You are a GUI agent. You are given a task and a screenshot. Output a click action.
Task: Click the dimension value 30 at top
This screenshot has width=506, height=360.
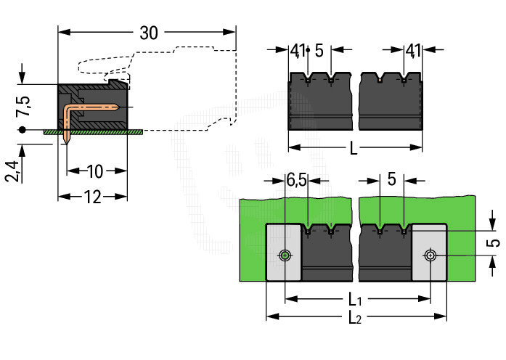coord(149,33)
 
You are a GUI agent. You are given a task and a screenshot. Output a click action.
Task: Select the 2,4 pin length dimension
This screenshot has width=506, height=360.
coord(12,171)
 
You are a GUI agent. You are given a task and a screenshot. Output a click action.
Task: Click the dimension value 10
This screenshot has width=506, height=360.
coord(95,171)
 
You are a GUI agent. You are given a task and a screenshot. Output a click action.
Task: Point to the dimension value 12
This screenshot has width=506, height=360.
coord(93,197)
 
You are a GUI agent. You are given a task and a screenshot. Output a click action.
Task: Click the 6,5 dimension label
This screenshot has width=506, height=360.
coord(296,180)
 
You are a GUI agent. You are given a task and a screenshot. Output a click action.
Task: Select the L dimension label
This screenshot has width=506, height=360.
coord(354,149)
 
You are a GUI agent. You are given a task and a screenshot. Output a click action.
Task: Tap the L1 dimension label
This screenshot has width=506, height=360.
coord(355,300)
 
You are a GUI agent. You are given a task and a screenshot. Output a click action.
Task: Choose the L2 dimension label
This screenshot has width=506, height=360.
coord(355,318)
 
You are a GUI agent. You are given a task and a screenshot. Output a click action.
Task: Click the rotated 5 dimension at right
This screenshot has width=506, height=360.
coord(494,242)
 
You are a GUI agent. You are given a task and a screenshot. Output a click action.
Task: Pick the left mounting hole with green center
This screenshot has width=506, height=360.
coord(285,255)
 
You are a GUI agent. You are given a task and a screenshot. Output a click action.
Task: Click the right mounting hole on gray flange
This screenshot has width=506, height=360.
coord(430,255)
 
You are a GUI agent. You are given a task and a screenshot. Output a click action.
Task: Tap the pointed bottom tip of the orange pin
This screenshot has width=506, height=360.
coord(67,143)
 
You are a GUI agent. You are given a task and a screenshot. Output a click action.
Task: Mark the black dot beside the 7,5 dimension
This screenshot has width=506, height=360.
coord(22,130)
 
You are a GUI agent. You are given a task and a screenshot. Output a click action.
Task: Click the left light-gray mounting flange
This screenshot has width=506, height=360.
coord(283,253)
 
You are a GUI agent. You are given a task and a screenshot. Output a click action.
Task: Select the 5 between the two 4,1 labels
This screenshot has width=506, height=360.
coord(319,51)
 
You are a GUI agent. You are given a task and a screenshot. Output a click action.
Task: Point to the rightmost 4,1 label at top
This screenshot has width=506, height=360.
coord(413,51)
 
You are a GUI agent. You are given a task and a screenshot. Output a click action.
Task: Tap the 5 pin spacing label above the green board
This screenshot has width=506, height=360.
coord(391,179)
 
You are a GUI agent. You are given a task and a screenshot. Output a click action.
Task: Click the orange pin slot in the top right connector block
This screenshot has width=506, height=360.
coord(380,79)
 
